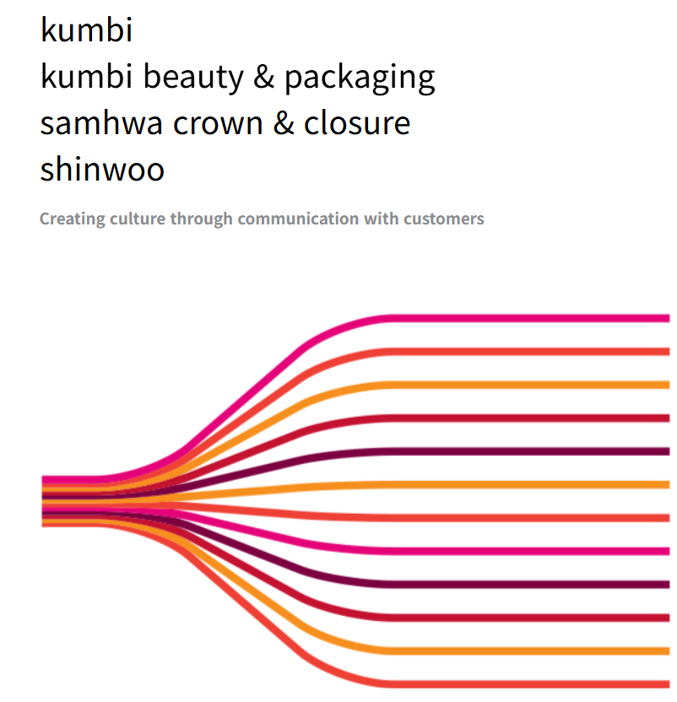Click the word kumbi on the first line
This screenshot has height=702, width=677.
click(x=87, y=30)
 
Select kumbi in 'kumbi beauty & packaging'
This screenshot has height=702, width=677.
click(x=87, y=77)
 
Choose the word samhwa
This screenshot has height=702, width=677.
click(x=100, y=123)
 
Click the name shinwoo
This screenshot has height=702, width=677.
click(x=102, y=169)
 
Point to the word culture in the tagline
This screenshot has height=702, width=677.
click(x=138, y=219)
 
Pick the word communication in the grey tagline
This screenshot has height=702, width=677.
click(x=299, y=219)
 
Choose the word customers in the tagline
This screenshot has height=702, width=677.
click(x=443, y=219)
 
